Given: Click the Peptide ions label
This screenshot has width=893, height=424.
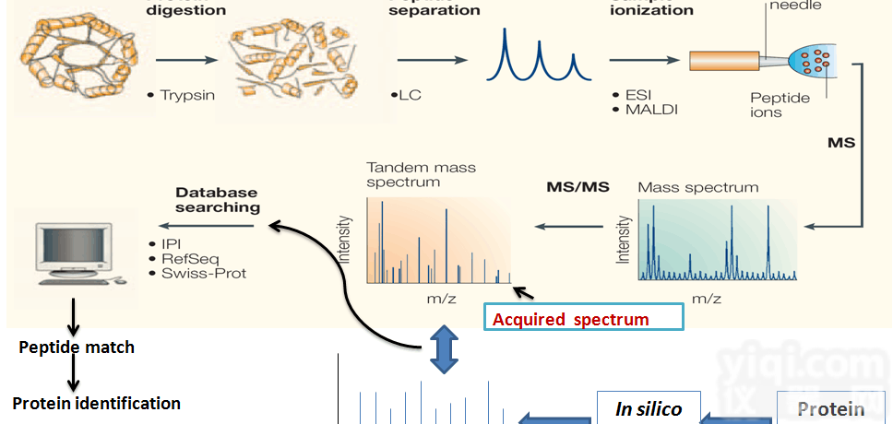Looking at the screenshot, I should coord(780,105).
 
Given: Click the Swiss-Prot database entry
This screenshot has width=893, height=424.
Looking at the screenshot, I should coord(204,273).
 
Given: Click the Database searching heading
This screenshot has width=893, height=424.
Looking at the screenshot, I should coord(218,200).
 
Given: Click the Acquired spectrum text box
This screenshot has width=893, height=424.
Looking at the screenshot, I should coord(583,319).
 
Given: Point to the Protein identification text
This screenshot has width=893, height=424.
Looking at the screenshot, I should coord(96,404).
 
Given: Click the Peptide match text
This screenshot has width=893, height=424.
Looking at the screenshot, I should coord(77,347).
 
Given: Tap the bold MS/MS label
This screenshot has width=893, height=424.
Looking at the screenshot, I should coord(578,187).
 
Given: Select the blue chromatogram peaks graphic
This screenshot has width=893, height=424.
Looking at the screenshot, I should coord(538,57).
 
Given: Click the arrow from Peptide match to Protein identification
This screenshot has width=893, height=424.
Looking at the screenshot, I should coord(72,375).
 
